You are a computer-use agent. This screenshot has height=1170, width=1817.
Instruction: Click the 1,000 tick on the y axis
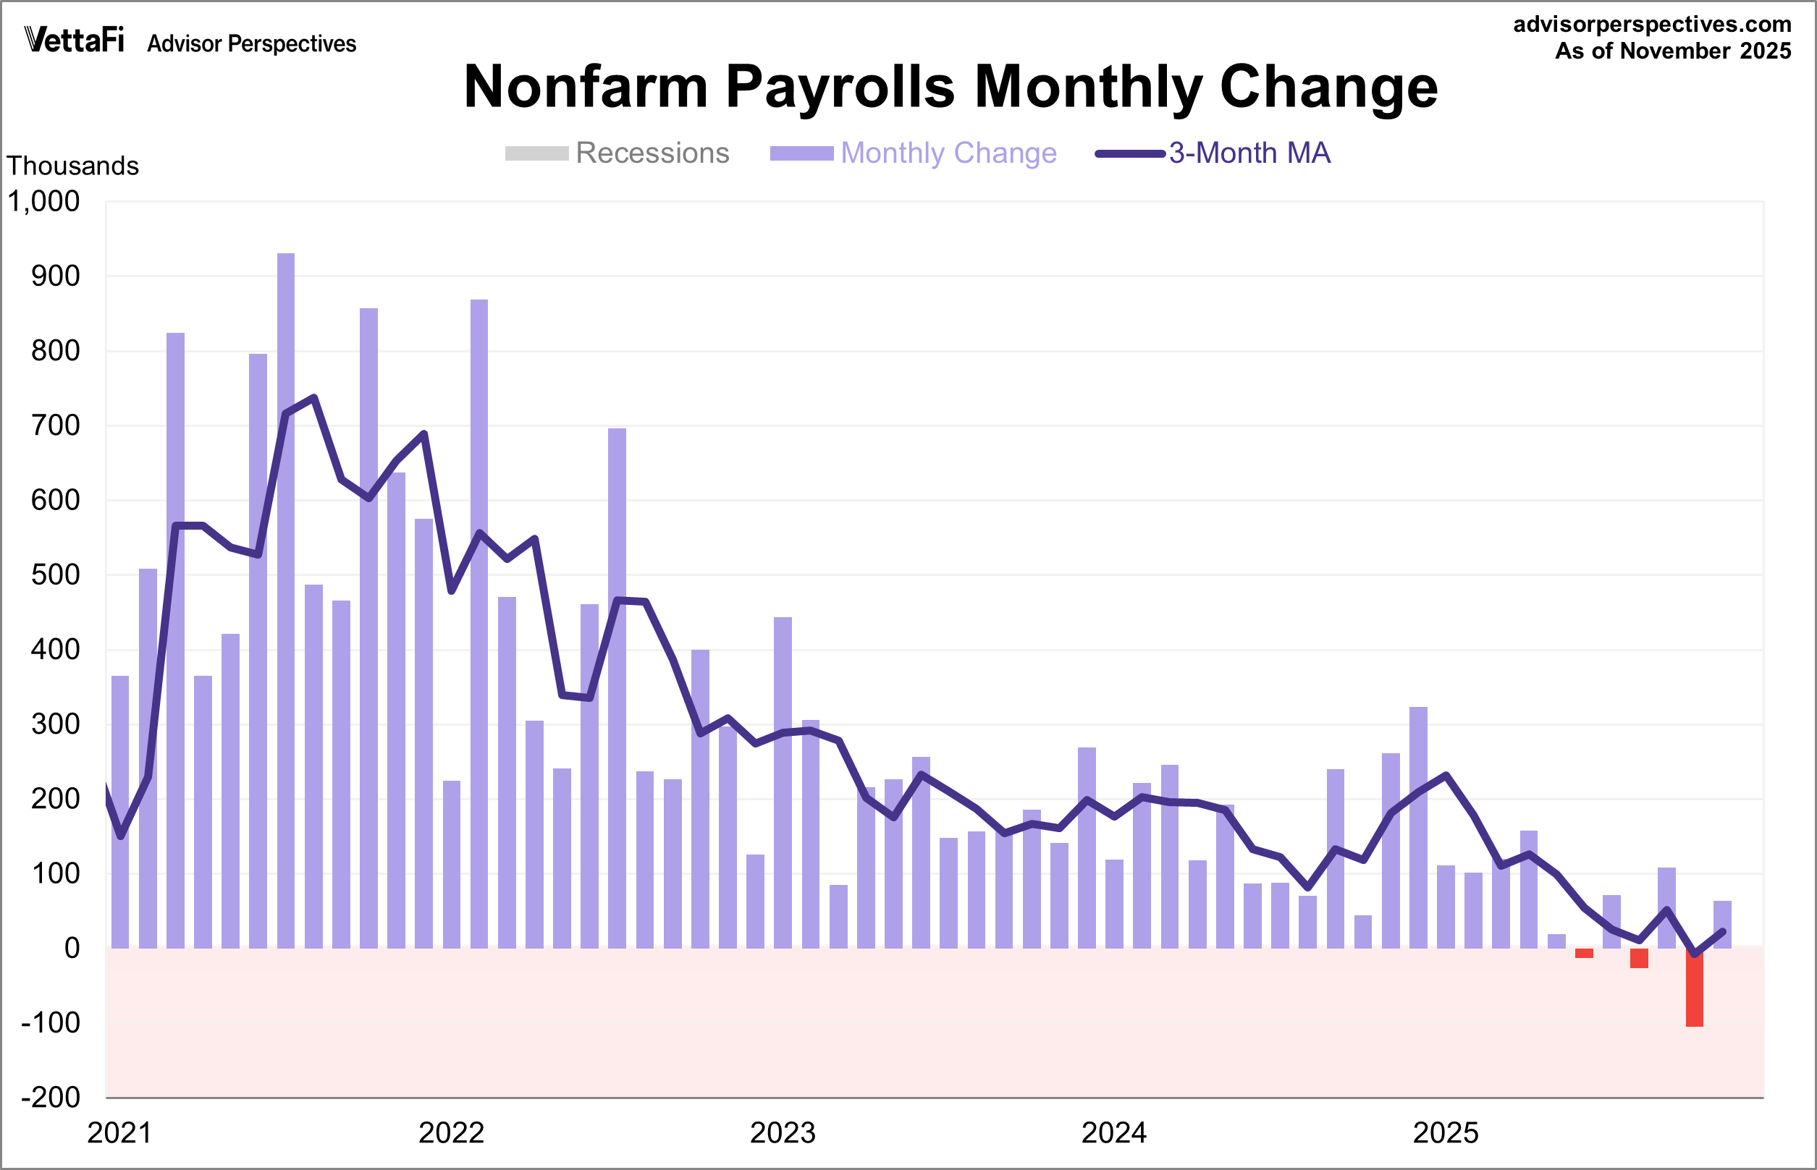point(43,202)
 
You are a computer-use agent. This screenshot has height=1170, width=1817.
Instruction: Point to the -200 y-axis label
point(50,1097)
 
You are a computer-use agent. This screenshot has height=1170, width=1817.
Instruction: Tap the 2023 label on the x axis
point(782,1133)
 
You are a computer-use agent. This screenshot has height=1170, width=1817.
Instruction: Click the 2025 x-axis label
point(1445,1133)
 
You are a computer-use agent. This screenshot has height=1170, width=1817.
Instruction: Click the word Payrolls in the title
point(839,87)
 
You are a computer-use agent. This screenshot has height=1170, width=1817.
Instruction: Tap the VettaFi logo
point(74,40)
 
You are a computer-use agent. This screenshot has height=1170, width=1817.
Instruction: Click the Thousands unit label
point(73,166)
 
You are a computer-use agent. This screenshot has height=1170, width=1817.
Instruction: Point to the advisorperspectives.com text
point(1651,25)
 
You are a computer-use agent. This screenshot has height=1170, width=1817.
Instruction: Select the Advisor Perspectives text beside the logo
point(251,44)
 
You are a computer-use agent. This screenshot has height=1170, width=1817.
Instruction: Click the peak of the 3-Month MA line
point(314,397)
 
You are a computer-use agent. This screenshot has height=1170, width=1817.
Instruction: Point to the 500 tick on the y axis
point(55,575)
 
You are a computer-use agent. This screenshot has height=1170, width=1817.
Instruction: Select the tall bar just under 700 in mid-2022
point(617,687)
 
